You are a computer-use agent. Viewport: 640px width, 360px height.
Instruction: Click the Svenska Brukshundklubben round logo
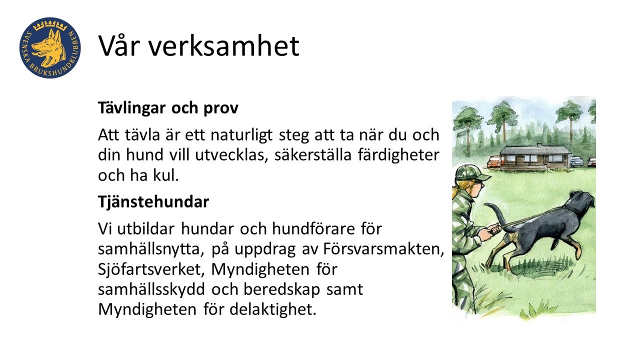click(x=50, y=47)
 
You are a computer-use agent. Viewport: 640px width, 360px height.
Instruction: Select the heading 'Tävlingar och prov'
click(x=168, y=107)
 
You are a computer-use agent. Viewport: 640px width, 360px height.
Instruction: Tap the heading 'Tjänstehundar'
click(x=153, y=202)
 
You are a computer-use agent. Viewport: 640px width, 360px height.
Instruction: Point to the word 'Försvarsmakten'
click(x=383, y=248)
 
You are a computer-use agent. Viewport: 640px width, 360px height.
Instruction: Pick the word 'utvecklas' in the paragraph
click(x=231, y=155)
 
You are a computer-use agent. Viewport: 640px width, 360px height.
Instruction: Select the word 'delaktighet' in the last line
click(x=273, y=309)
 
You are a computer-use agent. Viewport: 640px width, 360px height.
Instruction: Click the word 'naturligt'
click(x=241, y=135)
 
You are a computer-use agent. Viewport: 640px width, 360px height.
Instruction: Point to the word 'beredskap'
click(x=281, y=289)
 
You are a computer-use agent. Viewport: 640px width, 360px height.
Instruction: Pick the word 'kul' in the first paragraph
click(x=165, y=175)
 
